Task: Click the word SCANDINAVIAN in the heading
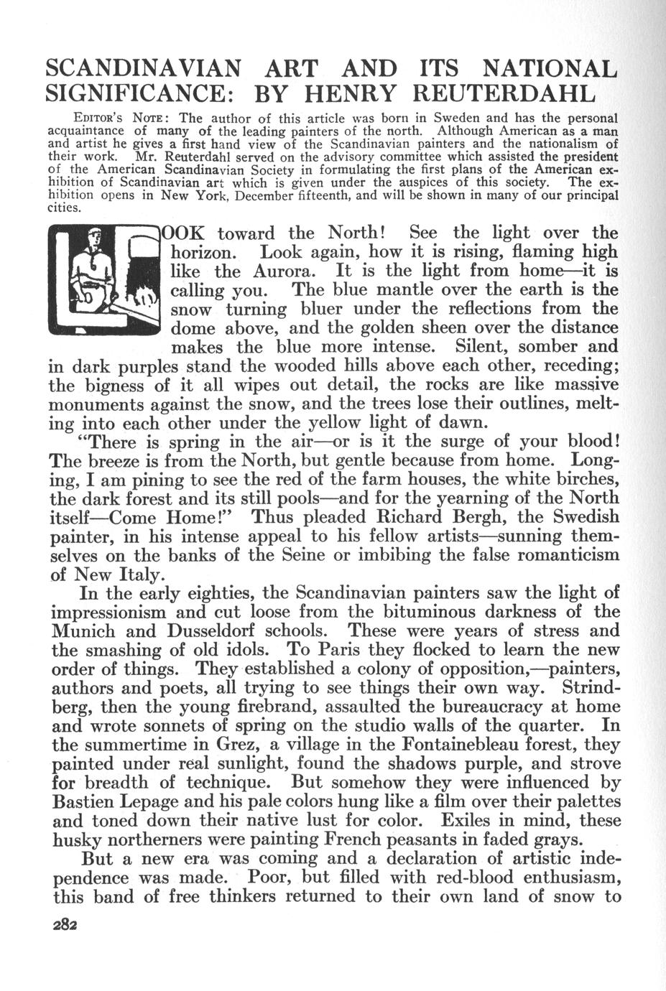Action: coord(143,69)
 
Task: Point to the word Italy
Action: coord(141,574)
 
